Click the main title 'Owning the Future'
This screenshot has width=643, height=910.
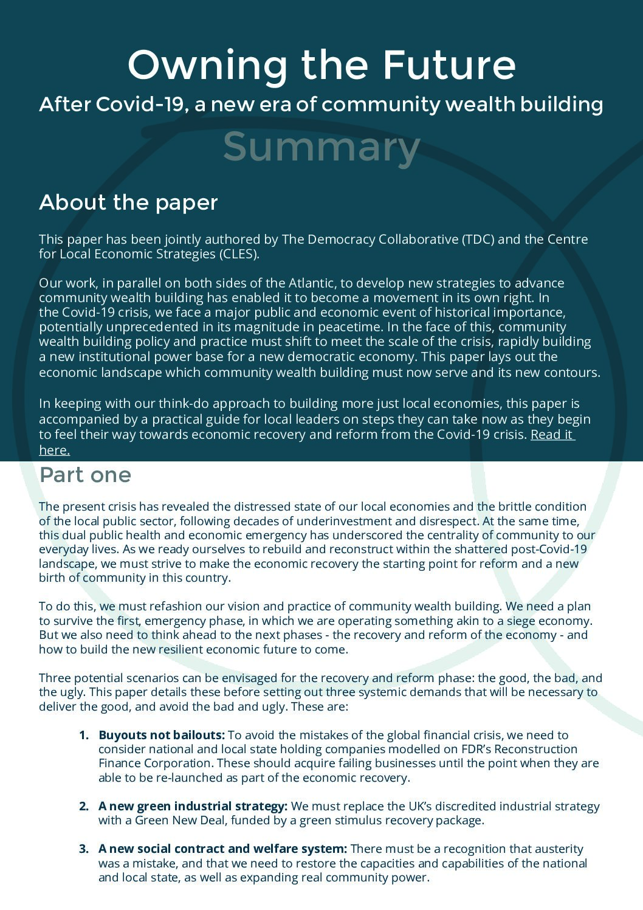pos(321,64)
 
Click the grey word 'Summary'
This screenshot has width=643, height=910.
pos(321,146)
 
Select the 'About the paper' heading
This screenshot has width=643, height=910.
pos(128,202)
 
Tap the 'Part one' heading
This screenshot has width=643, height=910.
pos(85,475)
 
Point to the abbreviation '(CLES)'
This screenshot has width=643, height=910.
pos(238,254)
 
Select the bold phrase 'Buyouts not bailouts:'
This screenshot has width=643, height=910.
pos(162,735)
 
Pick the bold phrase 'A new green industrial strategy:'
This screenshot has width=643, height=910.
pos(193,806)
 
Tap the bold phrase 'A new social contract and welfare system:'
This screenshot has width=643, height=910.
pos(222,849)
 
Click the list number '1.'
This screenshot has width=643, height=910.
pos(84,735)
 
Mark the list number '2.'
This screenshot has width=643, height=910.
pos(84,806)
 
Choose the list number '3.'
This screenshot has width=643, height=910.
pos(84,849)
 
